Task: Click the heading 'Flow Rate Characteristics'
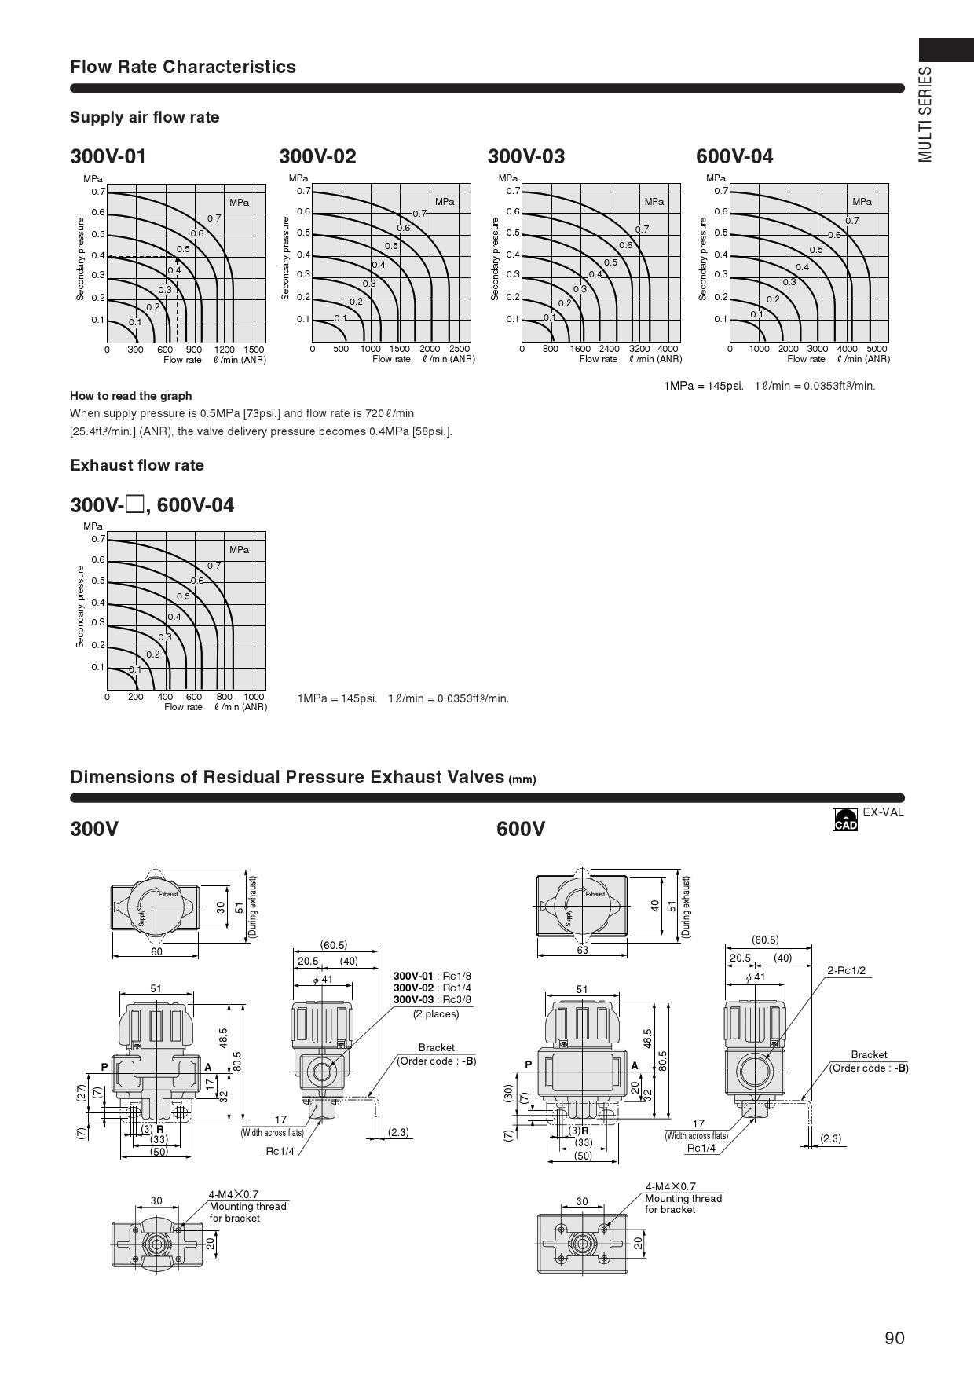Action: pyautogui.click(x=183, y=67)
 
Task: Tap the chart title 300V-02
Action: pyautogui.click(x=317, y=156)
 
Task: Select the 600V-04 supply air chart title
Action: pyautogui.click(x=734, y=156)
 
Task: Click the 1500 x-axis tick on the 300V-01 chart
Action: pyautogui.click(x=254, y=350)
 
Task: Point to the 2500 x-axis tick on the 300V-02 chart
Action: pyautogui.click(x=459, y=349)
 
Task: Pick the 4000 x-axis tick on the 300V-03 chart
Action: pyautogui.click(x=667, y=349)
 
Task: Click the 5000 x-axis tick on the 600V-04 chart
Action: pyautogui.click(x=877, y=349)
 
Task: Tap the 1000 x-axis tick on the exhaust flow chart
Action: pyautogui.click(x=254, y=697)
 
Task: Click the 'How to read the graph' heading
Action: pyautogui.click(x=130, y=396)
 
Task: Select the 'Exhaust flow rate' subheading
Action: pyautogui.click(x=137, y=465)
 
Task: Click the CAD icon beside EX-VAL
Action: pyautogui.click(x=845, y=819)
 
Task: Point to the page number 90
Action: pyautogui.click(x=894, y=1339)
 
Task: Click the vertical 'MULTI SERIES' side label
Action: pyautogui.click(x=926, y=115)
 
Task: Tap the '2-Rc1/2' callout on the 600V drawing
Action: pyautogui.click(x=846, y=970)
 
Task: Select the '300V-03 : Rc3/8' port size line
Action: pyautogui.click(x=432, y=999)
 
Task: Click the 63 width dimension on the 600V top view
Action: pyautogui.click(x=582, y=950)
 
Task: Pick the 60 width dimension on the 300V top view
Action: pyautogui.click(x=156, y=951)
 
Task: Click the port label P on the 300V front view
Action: pyautogui.click(x=104, y=1067)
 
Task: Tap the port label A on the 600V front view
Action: pyautogui.click(x=635, y=1065)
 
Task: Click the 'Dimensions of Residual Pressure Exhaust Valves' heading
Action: pyautogui.click(x=287, y=777)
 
